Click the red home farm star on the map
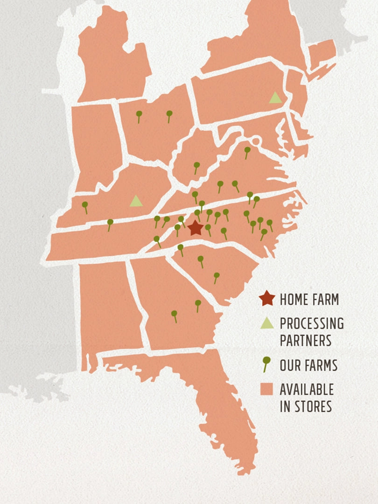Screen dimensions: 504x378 196,228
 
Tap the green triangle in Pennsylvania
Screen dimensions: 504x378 275,98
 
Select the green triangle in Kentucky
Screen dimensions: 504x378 136,201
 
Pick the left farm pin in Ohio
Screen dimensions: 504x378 139,115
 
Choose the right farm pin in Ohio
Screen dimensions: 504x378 169,114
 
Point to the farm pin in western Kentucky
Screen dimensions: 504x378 85,205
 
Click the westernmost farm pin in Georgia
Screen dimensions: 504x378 174,315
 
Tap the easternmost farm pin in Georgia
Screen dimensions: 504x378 198,304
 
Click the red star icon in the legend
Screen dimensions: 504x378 267,299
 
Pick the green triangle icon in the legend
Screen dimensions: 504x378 267,323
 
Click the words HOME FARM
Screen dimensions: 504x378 309,300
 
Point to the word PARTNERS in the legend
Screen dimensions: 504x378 306,340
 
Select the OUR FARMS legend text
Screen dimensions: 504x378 308,365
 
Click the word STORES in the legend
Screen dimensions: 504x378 313,406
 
